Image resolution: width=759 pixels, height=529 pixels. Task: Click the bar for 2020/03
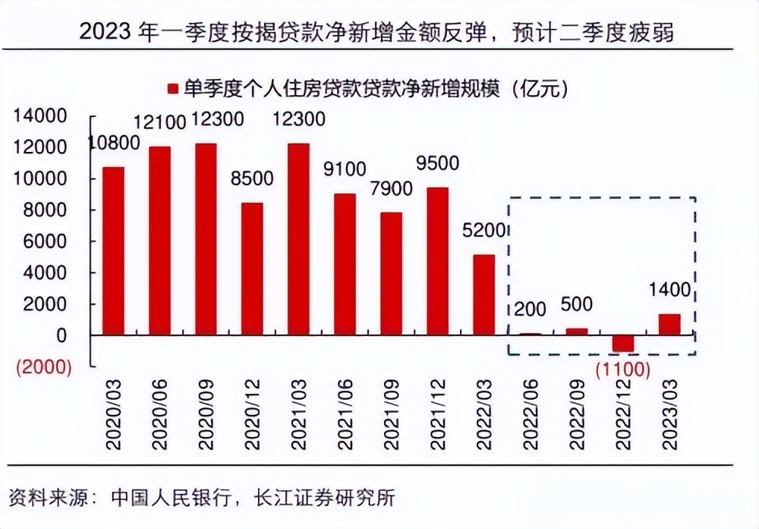tap(113, 251)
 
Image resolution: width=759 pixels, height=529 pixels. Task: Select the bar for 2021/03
tap(298, 239)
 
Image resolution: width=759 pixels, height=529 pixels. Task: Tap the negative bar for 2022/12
tap(622, 343)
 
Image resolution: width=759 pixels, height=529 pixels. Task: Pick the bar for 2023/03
tap(669, 325)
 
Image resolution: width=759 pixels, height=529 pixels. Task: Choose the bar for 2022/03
tap(483, 295)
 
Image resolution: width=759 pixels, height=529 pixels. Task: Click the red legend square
tap(172, 89)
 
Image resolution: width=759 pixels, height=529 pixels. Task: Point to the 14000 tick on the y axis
tap(39, 116)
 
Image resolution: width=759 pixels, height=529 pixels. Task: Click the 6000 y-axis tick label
tap(46, 242)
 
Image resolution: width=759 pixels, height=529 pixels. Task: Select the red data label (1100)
tap(622, 370)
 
